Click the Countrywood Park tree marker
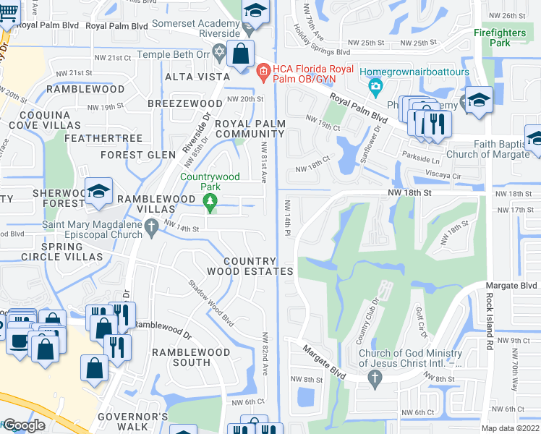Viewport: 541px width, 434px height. (210, 204)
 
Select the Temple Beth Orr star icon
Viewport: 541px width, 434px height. (220, 54)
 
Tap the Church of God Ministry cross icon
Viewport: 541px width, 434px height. (375, 377)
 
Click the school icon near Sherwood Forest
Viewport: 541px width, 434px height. (97, 192)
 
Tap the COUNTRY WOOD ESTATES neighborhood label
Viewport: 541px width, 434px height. (258, 266)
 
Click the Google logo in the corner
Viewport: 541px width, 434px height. (23, 425)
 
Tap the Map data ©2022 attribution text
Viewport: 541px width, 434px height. (510, 428)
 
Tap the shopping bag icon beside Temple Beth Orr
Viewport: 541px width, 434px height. (240, 53)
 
